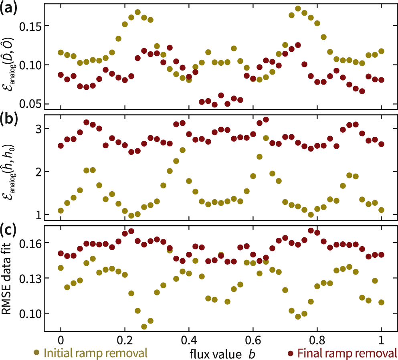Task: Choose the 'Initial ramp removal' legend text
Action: click(95, 353)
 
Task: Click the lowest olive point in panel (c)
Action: click(144, 326)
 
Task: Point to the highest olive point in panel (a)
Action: click(298, 8)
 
